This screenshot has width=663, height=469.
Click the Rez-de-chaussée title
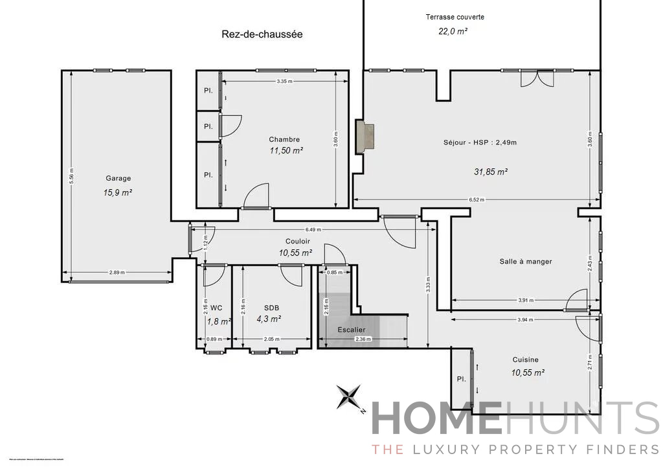pyautogui.click(x=262, y=34)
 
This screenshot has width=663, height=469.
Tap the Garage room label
pyautogui.click(x=118, y=178)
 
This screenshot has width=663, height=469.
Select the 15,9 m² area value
pyautogui.click(x=118, y=192)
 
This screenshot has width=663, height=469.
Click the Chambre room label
pyautogui.click(x=284, y=139)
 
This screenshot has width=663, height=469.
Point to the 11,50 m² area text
pyautogui.click(x=286, y=150)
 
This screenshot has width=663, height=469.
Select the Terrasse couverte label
pyautogui.click(x=455, y=17)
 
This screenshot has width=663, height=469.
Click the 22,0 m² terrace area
pyautogui.click(x=453, y=30)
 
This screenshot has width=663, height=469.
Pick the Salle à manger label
pyautogui.click(x=525, y=262)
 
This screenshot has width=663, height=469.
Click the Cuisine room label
pyautogui.click(x=525, y=360)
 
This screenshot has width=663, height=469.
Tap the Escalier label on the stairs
pyautogui.click(x=352, y=330)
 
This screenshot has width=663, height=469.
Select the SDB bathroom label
pyautogui.click(x=272, y=308)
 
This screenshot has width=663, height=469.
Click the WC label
pyautogui.click(x=216, y=308)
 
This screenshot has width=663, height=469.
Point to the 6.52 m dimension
pyautogui.click(x=477, y=200)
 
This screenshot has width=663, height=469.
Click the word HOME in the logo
pyautogui.click(x=436, y=418)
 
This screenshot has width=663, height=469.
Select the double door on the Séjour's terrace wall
pyautogui.click(x=537, y=78)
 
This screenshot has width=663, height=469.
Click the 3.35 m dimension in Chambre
pyautogui.click(x=284, y=81)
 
